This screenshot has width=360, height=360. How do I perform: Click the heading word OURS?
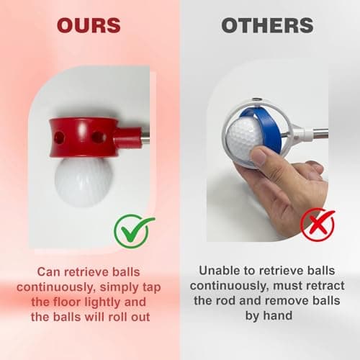(x=89, y=25)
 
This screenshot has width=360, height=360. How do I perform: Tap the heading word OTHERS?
(x=267, y=25)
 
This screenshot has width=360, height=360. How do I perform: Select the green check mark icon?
(x=133, y=231)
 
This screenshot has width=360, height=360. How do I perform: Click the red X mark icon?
(x=318, y=224)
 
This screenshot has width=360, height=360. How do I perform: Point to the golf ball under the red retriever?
(x=84, y=181)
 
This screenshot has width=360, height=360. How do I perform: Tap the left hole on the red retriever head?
(x=59, y=138)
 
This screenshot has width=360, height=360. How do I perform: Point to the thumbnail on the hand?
(x=258, y=156)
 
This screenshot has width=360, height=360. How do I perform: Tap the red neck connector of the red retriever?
(x=128, y=138)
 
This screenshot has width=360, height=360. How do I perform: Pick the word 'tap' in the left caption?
(x=152, y=288)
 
